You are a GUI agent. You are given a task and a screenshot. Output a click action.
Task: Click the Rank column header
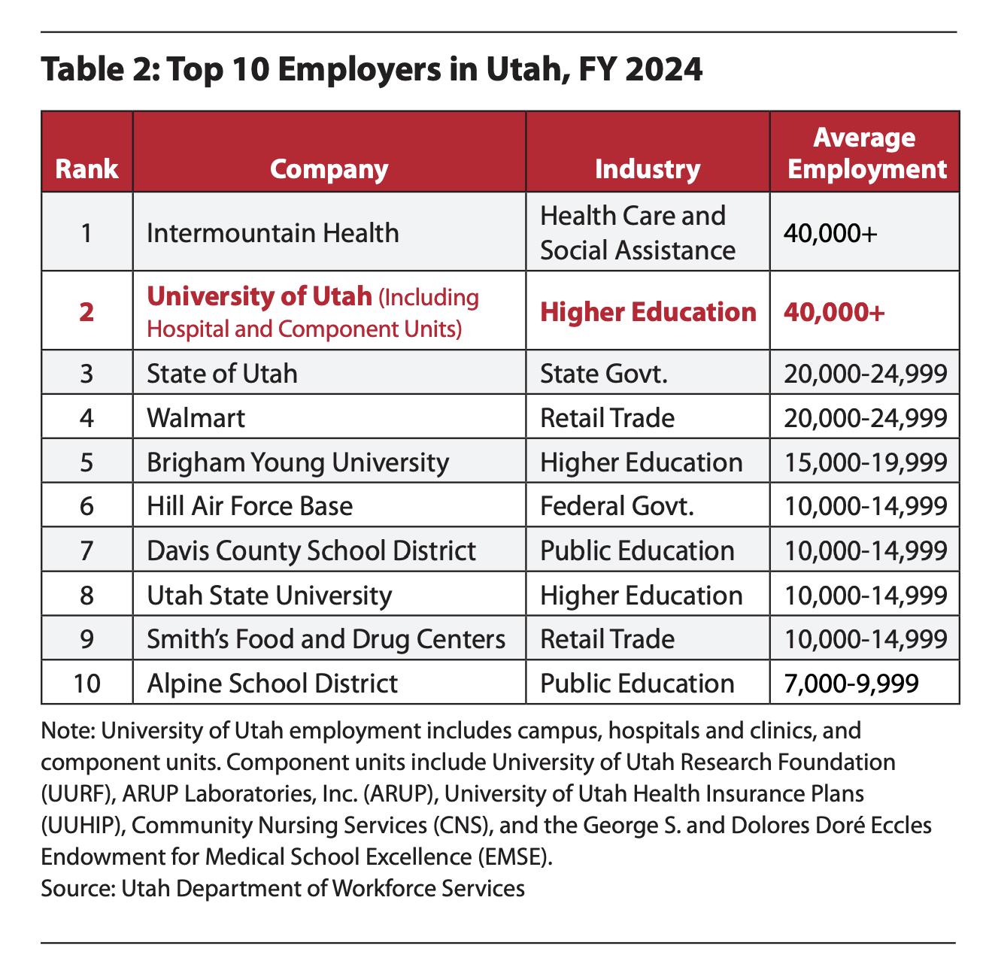86,168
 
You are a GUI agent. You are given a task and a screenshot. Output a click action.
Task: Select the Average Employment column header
865,153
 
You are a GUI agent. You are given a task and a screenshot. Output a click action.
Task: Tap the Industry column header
647,168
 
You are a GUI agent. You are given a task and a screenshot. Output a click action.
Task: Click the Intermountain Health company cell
272,232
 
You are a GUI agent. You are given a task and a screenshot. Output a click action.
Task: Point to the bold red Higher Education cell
648,311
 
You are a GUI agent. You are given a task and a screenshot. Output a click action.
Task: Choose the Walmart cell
196,417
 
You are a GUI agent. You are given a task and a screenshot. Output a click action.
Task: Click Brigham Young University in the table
297,462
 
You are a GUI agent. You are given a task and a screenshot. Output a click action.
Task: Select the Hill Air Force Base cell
250,506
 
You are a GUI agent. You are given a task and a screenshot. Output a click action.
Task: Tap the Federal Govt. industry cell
617,506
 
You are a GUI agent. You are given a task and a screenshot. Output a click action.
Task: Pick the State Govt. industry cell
604,373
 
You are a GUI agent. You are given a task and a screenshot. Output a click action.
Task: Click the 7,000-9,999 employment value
851,683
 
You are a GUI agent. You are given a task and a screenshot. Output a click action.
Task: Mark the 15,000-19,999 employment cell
865,462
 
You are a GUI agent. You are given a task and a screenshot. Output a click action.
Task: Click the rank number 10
86,683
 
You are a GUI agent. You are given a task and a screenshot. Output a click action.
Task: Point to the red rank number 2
86,311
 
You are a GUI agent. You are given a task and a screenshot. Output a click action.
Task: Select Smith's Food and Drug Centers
326,639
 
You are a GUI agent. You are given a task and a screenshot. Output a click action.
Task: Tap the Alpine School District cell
272,683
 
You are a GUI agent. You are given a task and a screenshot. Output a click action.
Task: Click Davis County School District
311,550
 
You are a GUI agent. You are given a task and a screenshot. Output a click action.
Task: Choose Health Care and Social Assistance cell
637,232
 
